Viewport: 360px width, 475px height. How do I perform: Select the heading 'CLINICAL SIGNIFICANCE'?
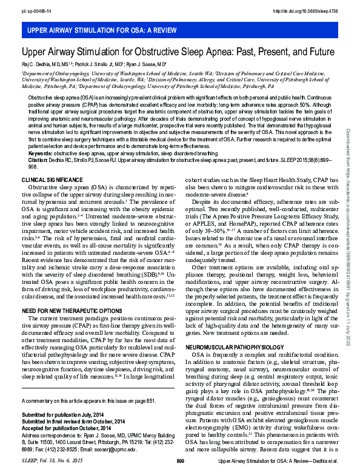[51, 181]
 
